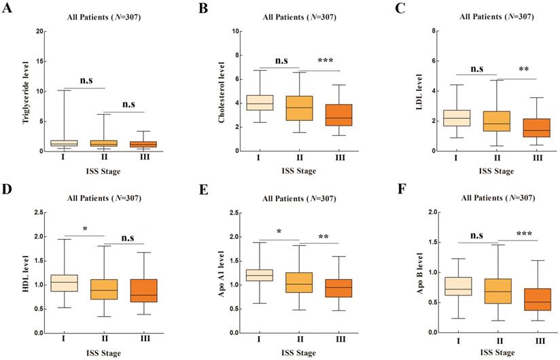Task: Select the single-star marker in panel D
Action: click(84, 229)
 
